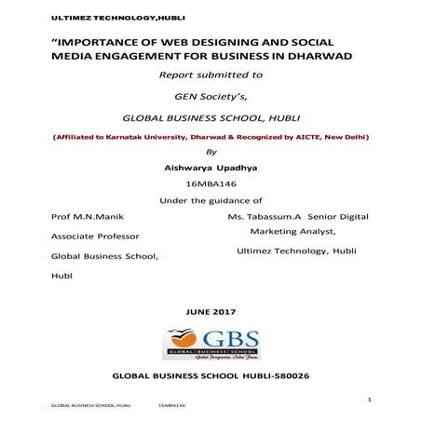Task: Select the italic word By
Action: point(210,152)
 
